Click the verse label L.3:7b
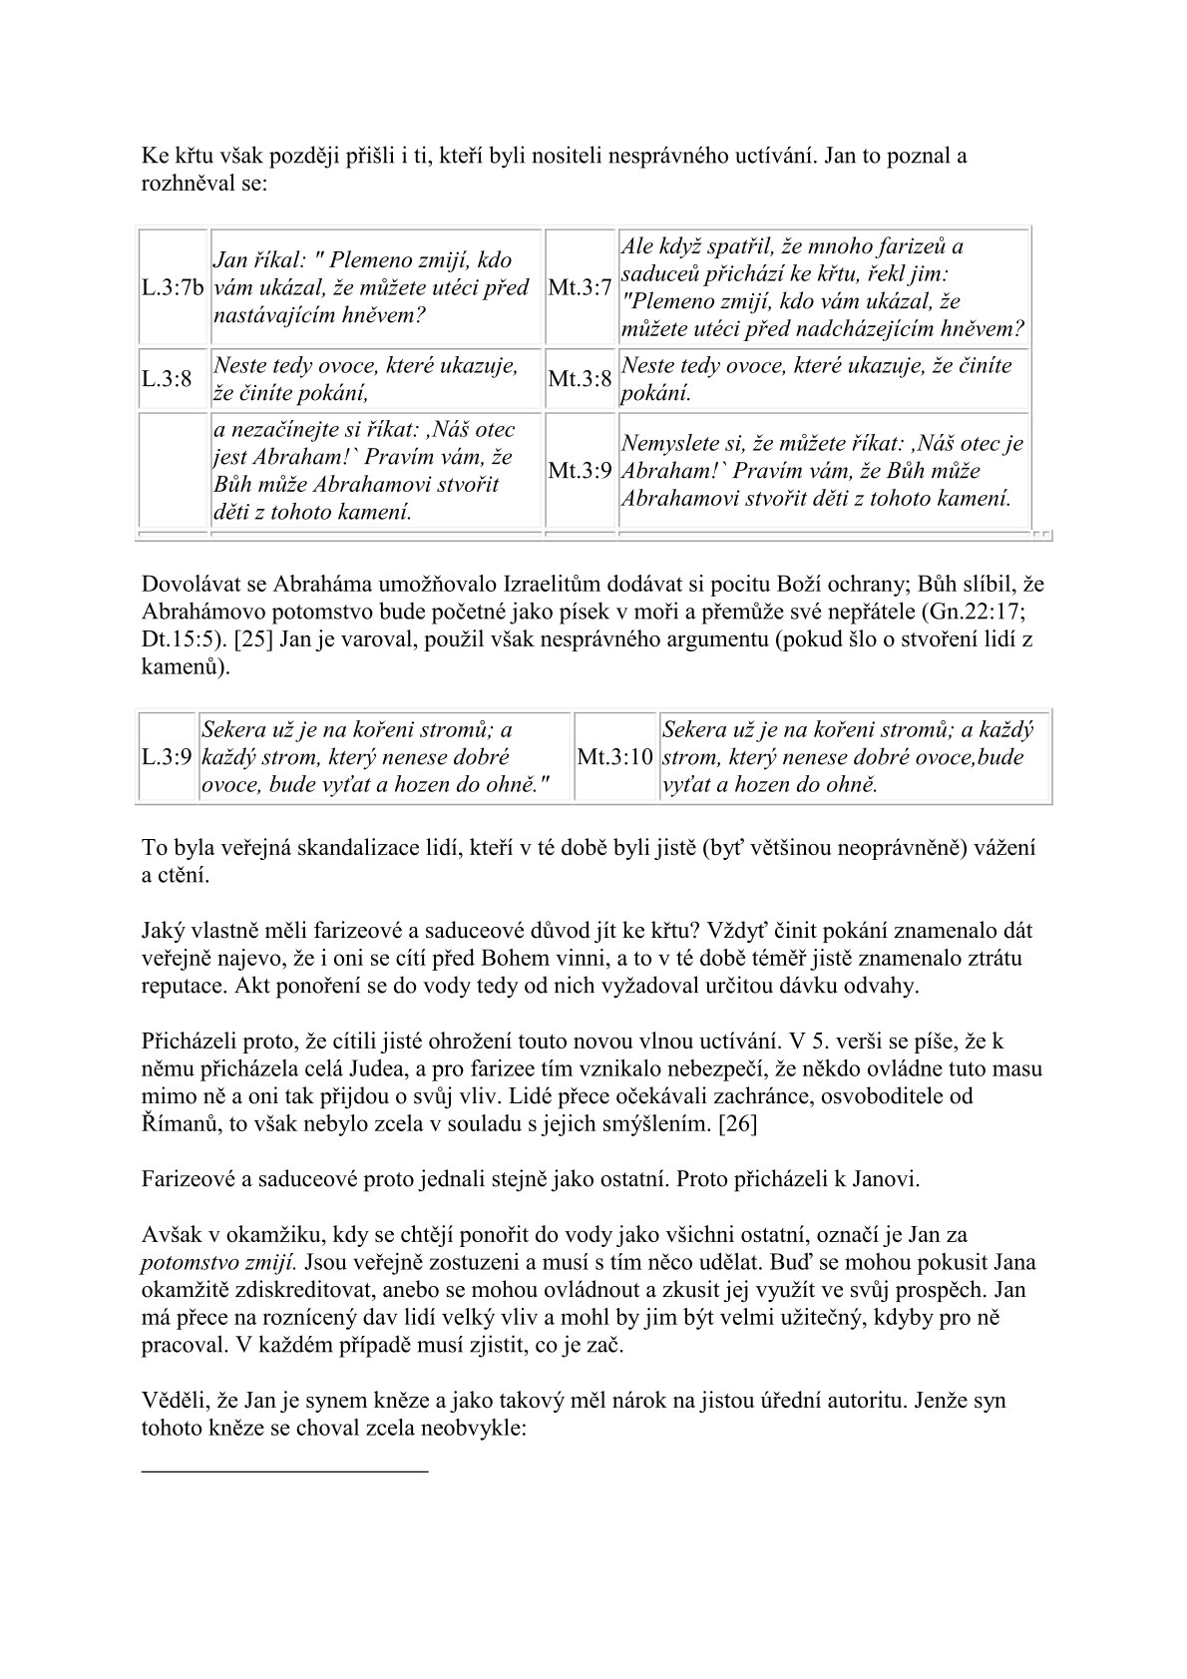tap(173, 288)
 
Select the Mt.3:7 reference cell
tap(580, 288)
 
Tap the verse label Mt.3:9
tap(580, 470)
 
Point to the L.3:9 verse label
tap(167, 757)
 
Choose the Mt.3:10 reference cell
tap(614, 757)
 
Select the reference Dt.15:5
tap(176, 639)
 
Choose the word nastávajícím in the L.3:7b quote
tap(276, 315)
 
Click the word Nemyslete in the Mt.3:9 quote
tap(673, 443)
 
